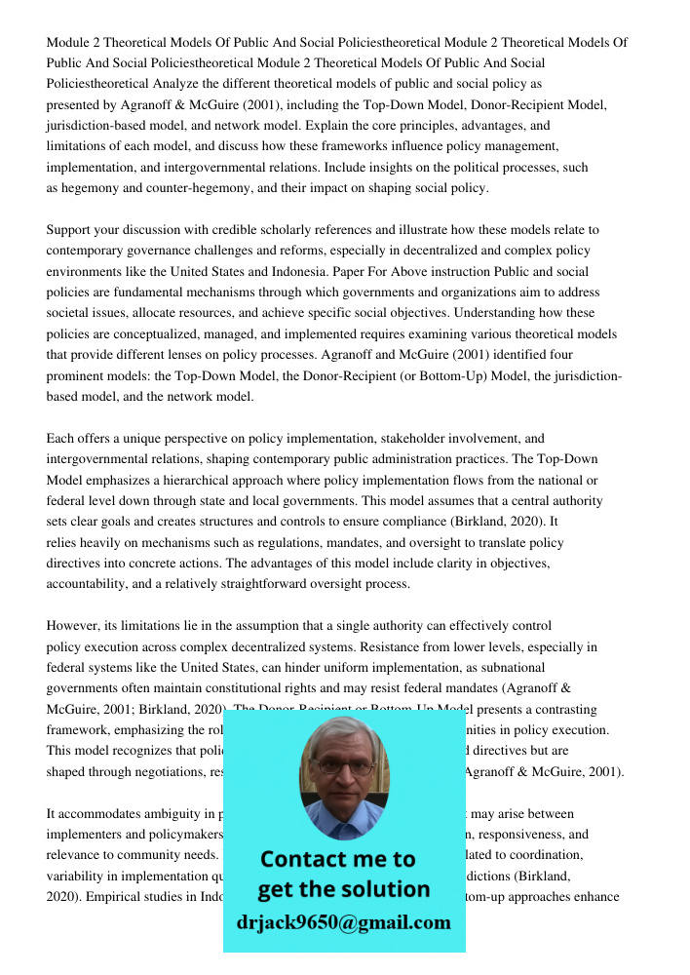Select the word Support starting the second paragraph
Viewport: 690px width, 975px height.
70,230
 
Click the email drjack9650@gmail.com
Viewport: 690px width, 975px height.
344,922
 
